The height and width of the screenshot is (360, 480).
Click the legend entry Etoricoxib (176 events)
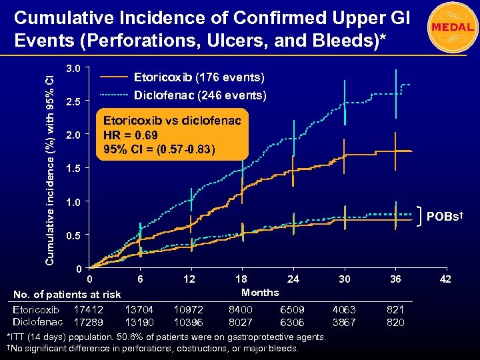click(x=199, y=77)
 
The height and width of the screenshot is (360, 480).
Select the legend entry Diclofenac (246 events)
click(x=200, y=95)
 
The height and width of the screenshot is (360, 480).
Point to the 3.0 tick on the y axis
click(x=73, y=69)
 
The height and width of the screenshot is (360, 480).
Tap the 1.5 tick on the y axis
click(x=73, y=169)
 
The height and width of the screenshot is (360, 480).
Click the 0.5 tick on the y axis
click(x=73, y=236)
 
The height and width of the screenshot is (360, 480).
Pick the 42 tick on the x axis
click(x=446, y=279)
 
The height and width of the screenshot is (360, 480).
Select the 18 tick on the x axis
click(x=241, y=279)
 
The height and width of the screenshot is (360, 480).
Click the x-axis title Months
click(x=260, y=292)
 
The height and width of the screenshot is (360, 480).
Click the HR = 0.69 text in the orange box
click(x=131, y=135)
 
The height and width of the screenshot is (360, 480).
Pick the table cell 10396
click(x=189, y=321)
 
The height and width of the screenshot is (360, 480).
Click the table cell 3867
click(x=344, y=321)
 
